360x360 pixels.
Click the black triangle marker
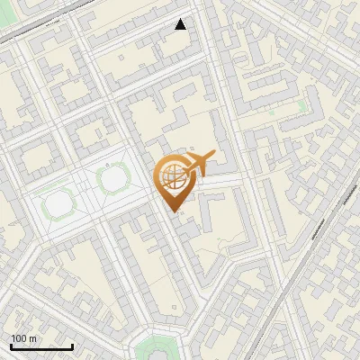click(x=181, y=24)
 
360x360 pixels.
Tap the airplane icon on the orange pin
click(x=198, y=163)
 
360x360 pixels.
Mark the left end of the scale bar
click(x=11, y=346)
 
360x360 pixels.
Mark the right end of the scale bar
click(x=73, y=346)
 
